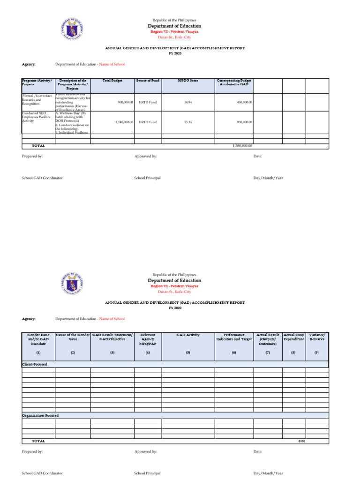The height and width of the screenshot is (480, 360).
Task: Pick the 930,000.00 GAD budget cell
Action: (243, 122)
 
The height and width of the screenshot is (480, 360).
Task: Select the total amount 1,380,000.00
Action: (242, 146)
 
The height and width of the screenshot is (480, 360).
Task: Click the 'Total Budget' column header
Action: (112, 81)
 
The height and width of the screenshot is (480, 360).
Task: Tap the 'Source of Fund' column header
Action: (148, 81)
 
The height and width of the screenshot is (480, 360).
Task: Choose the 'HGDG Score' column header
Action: (188, 81)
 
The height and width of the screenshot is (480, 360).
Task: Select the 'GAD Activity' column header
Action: (188, 335)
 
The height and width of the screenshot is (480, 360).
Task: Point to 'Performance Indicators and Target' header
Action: (234, 337)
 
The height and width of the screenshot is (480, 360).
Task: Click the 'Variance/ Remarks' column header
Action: (317, 337)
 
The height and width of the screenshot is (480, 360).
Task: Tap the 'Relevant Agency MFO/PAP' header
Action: (148, 339)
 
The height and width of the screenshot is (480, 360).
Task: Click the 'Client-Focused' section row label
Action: (35, 364)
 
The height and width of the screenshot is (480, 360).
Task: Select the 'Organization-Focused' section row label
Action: (40, 415)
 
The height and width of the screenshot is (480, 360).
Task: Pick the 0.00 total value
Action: (301, 441)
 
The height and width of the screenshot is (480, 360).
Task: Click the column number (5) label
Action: (188, 352)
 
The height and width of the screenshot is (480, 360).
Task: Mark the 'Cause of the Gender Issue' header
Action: (73, 337)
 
